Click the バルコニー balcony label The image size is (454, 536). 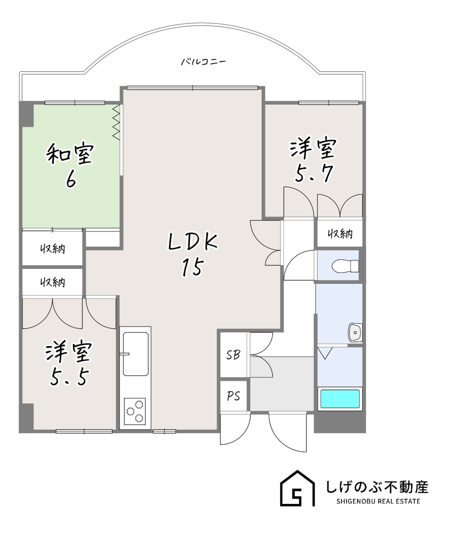[203, 62]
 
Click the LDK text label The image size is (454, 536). [193, 242]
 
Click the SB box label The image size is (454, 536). [233, 355]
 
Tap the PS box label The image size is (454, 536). [233, 396]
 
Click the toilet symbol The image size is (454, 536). [345, 266]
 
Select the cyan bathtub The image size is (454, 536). [340, 399]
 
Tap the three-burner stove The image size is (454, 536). [135, 411]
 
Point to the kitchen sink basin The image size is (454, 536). [136, 354]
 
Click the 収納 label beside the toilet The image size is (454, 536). [340, 234]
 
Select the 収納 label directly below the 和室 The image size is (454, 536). [53, 249]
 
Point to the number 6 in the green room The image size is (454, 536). [71, 180]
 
